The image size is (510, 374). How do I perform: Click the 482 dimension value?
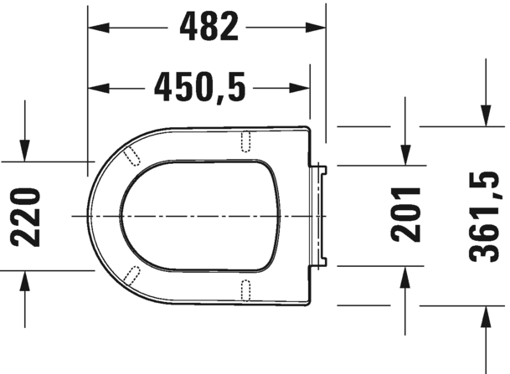pyautogui.click(x=209, y=27)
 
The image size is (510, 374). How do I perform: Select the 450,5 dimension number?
pyautogui.click(x=199, y=87)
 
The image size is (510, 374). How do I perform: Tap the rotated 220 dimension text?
pyautogui.click(x=26, y=217)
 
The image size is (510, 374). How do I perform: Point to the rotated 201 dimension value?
pyautogui.click(x=405, y=214)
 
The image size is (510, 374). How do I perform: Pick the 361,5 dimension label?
pyautogui.click(x=484, y=217)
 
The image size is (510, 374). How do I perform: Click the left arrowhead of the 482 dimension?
pyautogui.click(x=99, y=28)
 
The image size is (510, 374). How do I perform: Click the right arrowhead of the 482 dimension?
pyautogui.click(x=315, y=28)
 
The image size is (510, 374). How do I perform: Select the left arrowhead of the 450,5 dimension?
pyautogui.click(x=99, y=88)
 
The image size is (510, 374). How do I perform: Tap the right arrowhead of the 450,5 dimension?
pyautogui.click(x=299, y=88)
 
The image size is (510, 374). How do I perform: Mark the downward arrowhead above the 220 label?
pyautogui.click(x=25, y=151)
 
